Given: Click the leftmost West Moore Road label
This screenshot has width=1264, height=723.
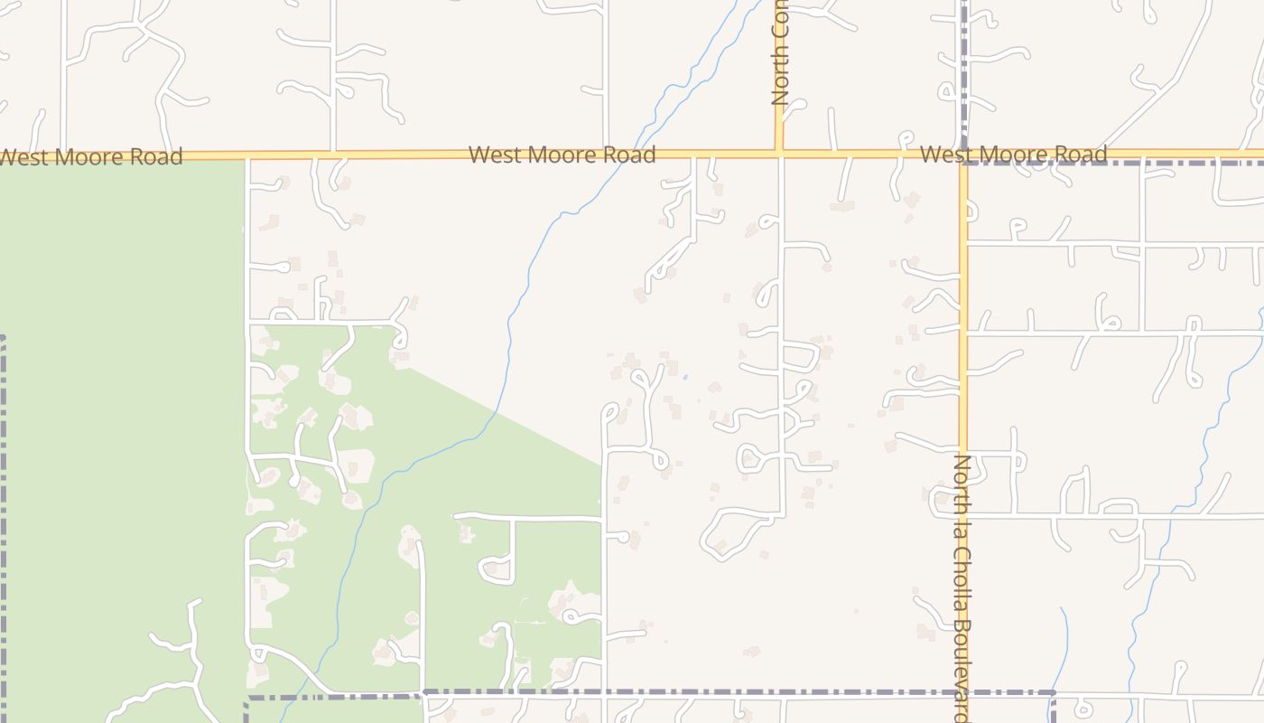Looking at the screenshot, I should point(90,157).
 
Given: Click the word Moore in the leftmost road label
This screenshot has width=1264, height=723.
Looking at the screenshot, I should point(88,157).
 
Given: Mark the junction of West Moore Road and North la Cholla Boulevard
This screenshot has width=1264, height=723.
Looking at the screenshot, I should point(963,155).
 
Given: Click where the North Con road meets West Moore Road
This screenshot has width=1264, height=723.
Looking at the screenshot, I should point(779,154).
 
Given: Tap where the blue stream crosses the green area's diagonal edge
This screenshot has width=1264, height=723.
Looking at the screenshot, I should point(496,413).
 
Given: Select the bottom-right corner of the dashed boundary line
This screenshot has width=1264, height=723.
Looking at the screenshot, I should point(1054,693).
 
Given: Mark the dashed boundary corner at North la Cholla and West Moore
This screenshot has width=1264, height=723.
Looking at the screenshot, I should point(965,163).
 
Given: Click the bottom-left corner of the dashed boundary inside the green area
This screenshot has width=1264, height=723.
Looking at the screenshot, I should point(247,699).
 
